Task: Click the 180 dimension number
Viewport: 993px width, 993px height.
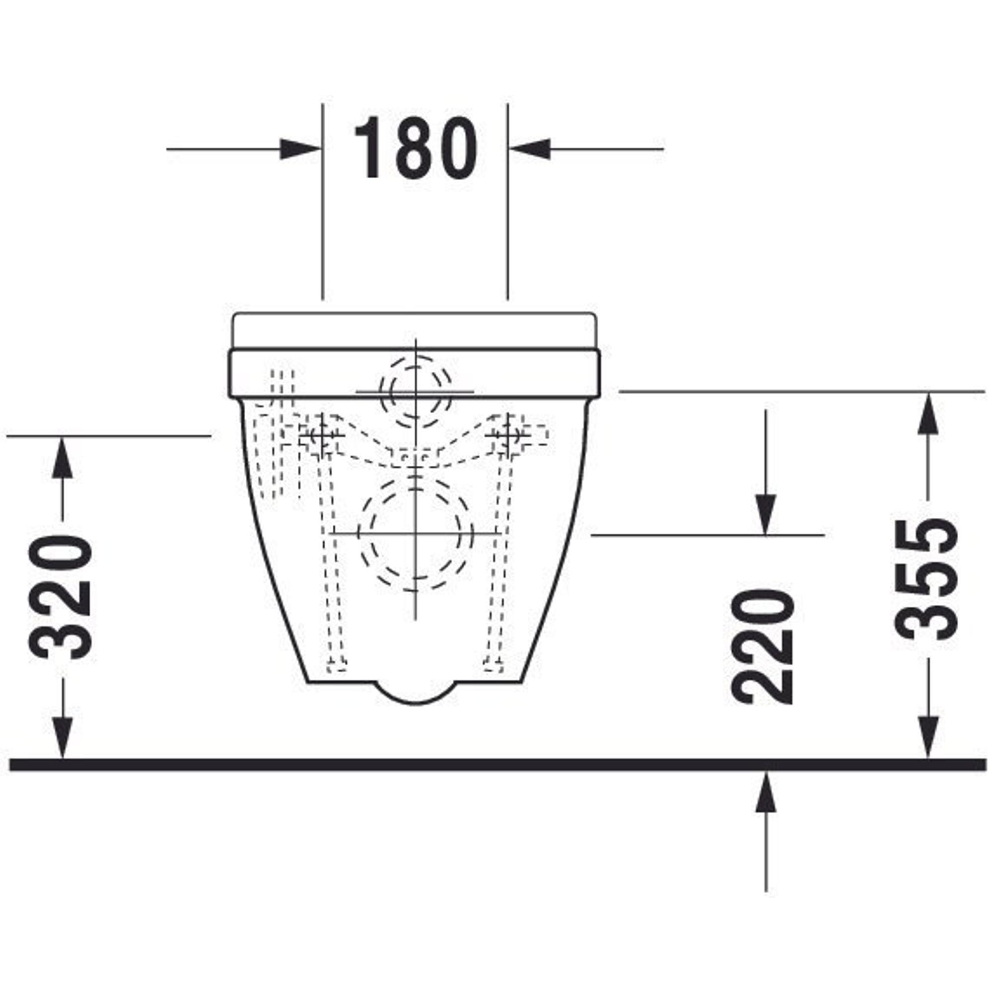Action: (415, 148)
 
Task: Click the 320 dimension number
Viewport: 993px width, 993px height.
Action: (61, 597)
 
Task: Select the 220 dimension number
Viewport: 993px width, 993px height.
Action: (762, 646)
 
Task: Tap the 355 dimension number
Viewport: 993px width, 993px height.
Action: (925, 579)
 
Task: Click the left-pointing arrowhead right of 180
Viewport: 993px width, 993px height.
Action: (530, 149)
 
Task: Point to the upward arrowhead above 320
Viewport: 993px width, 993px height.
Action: (63, 457)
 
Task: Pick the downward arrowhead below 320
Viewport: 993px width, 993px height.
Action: (63, 738)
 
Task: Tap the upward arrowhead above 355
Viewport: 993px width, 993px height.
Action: (928, 413)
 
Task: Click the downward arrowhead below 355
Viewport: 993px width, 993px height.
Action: (928, 738)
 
